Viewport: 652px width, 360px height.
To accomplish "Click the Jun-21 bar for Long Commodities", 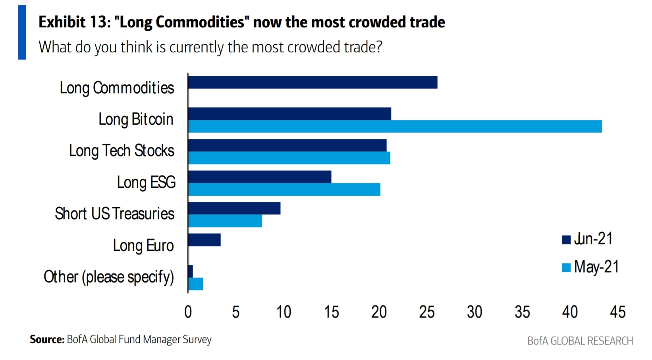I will click(312, 83).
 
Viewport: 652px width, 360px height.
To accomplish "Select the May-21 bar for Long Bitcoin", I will click(395, 127).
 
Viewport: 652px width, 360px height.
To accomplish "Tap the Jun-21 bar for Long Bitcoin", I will click(289, 114).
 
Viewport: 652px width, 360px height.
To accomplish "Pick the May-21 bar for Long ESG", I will click(284, 190).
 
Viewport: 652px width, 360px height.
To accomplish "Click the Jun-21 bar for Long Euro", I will click(204, 240).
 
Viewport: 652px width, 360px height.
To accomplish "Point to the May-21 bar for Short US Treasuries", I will click(225, 221).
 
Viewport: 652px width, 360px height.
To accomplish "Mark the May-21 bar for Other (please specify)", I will click(196, 284).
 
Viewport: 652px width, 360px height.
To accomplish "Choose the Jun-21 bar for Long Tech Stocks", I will click(287, 145).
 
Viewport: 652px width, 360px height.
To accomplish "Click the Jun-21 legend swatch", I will click(566, 240).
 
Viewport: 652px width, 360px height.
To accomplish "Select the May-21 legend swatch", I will click(566, 268).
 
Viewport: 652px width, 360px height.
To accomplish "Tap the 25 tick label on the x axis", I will click(427, 312).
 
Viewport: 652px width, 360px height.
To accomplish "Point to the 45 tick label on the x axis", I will click(617, 312).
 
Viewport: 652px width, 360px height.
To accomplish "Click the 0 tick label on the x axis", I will click(188, 312).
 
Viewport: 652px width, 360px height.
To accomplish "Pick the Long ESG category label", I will click(146, 183).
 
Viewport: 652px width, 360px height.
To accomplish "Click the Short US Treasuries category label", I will click(115, 214).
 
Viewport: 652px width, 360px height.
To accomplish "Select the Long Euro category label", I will click(143, 246).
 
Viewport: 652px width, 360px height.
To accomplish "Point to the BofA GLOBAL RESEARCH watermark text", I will click(580, 341).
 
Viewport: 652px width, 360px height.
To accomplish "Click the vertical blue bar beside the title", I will click(22, 33).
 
